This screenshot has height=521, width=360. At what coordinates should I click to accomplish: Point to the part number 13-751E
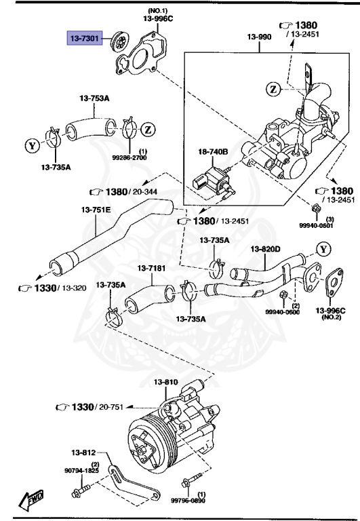coord(96,210)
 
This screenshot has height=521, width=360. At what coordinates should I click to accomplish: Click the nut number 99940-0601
coord(317,227)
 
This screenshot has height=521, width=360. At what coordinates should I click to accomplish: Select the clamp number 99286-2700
coord(143,157)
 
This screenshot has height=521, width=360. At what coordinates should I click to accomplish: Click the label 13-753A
coord(96,99)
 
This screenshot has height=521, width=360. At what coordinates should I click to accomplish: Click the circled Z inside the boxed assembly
coord(273,89)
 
